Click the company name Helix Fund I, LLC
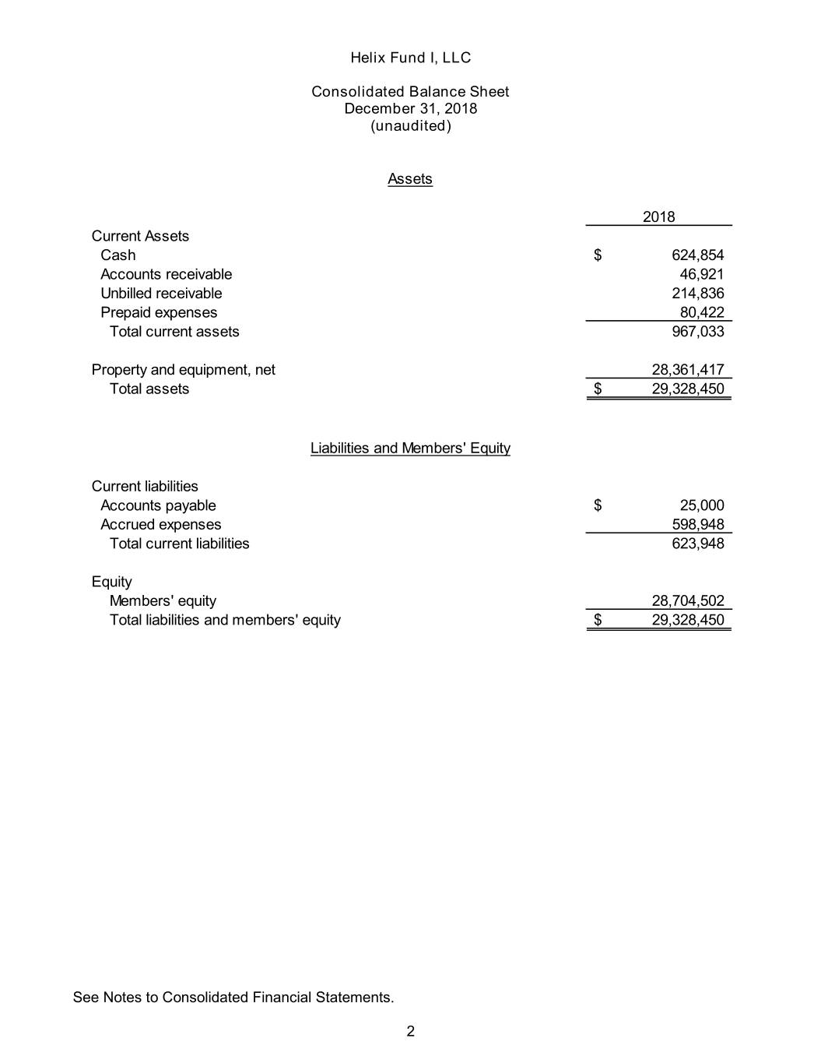(x=410, y=58)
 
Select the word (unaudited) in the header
(x=410, y=125)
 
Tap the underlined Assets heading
(x=410, y=179)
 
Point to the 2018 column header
(x=658, y=216)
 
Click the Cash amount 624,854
(x=697, y=255)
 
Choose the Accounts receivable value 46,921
(x=702, y=274)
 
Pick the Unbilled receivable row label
(x=161, y=294)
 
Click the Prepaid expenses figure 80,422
(x=702, y=312)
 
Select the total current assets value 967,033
(x=697, y=332)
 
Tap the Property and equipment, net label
(x=183, y=370)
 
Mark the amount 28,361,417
(x=688, y=370)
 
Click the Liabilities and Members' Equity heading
(x=410, y=449)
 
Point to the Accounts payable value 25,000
(x=702, y=505)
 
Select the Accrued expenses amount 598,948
(x=697, y=524)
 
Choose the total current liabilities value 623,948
(x=697, y=544)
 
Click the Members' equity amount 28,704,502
(x=688, y=600)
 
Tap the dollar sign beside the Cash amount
(x=598, y=255)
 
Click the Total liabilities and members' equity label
(x=225, y=620)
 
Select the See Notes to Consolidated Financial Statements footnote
(x=233, y=998)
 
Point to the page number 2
(x=410, y=1032)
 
